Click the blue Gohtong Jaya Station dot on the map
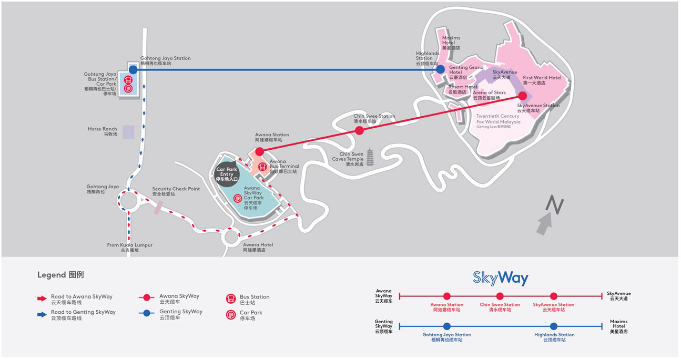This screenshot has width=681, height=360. pyautogui.click(x=133, y=70)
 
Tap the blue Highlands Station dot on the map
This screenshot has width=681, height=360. pyautogui.click(x=440, y=69)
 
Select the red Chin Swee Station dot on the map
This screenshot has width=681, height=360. pyautogui.click(x=359, y=131)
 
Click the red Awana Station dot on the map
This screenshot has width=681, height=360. pyautogui.click(x=259, y=151)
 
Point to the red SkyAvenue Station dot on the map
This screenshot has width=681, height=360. pyautogui.click(x=522, y=96)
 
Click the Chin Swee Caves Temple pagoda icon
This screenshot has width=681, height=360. pyautogui.click(x=370, y=157)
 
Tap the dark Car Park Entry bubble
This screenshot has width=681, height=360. pyautogui.click(x=227, y=174)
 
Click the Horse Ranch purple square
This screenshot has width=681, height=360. pyautogui.click(x=128, y=132)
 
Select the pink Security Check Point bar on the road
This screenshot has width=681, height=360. pyautogui.click(x=158, y=207)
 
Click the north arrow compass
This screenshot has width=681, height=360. pyautogui.click(x=551, y=215)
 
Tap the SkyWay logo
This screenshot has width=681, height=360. pyautogui.click(x=501, y=278)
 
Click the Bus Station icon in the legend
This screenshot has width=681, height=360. pyautogui.click(x=231, y=299)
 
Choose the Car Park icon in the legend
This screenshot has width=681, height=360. pyautogui.click(x=231, y=315)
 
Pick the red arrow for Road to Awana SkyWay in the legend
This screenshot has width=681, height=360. pyautogui.click(x=42, y=299)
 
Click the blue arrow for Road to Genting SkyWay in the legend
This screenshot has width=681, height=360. pyautogui.click(x=42, y=314)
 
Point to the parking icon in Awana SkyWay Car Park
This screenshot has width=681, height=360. pyautogui.click(x=238, y=198)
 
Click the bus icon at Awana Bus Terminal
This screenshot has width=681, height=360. pyautogui.click(x=262, y=167)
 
